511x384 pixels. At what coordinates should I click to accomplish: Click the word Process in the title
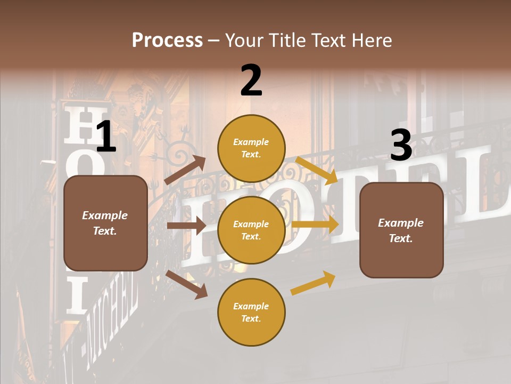tap(167, 41)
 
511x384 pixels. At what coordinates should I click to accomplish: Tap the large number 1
tap(106, 137)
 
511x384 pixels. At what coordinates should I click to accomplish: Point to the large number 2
tap(251, 81)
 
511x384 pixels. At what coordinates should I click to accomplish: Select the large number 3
tap(401, 146)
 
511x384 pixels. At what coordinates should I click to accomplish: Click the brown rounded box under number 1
tap(105, 223)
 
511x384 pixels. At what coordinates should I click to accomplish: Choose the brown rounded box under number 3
tap(401, 230)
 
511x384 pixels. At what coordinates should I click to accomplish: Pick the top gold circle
tap(251, 148)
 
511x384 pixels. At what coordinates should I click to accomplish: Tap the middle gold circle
tap(251, 230)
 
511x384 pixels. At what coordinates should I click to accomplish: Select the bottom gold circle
tap(251, 312)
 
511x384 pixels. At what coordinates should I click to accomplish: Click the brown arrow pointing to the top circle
tap(185, 170)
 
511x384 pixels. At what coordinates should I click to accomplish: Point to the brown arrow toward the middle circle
tap(186, 226)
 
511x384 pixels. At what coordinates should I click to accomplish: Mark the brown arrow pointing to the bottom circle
tap(187, 284)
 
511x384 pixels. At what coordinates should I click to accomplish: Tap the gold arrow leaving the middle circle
tap(315, 224)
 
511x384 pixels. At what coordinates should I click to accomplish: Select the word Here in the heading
tap(373, 41)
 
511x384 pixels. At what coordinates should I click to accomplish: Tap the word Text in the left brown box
tap(105, 231)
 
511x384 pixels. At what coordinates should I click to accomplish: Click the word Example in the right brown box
tap(401, 222)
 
